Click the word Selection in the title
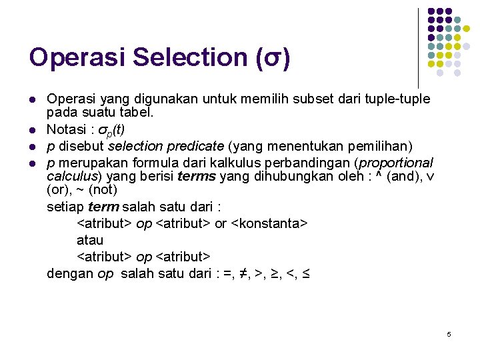(190, 57)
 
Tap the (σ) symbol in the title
(273, 58)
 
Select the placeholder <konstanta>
(269, 223)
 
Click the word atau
(90, 240)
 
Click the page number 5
(449, 333)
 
